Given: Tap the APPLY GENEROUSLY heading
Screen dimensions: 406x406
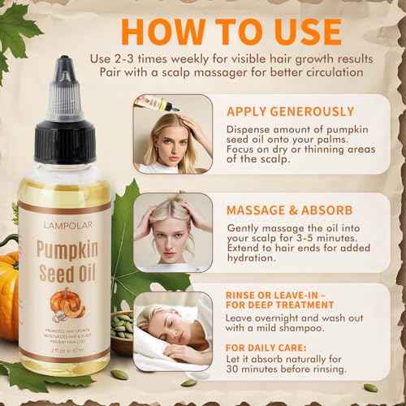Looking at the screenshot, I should click(x=290, y=111).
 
